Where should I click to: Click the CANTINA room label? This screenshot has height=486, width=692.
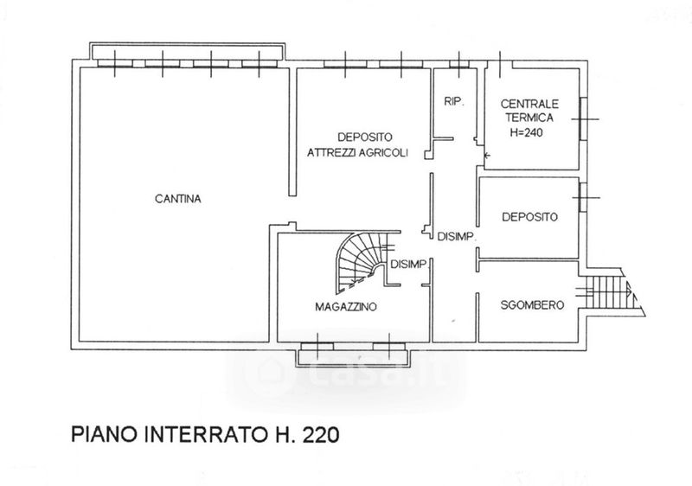click(178, 199)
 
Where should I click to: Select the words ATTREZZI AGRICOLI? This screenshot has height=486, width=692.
click(357, 152)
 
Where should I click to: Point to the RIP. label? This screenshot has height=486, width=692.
click(454, 102)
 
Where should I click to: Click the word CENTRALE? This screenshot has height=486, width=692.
click(529, 104)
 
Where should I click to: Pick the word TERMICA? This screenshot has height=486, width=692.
click(529, 118)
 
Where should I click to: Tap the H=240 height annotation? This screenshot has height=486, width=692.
click(527, 132)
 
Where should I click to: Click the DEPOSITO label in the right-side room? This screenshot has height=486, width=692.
click(529, 217)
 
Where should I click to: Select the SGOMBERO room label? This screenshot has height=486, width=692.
click(532, 304)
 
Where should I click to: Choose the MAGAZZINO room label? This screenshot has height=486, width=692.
click(346, 306)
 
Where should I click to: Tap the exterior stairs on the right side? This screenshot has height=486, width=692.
click(612, 292)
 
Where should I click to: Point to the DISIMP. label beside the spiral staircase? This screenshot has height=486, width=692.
click(409, 264)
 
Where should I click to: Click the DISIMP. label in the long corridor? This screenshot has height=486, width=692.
click(456, 237)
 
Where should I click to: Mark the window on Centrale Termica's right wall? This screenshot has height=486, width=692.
click(583, 119)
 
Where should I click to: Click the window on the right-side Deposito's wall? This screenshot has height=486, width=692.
click(583, 197)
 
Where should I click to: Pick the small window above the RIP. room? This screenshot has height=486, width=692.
click(459, 64)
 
